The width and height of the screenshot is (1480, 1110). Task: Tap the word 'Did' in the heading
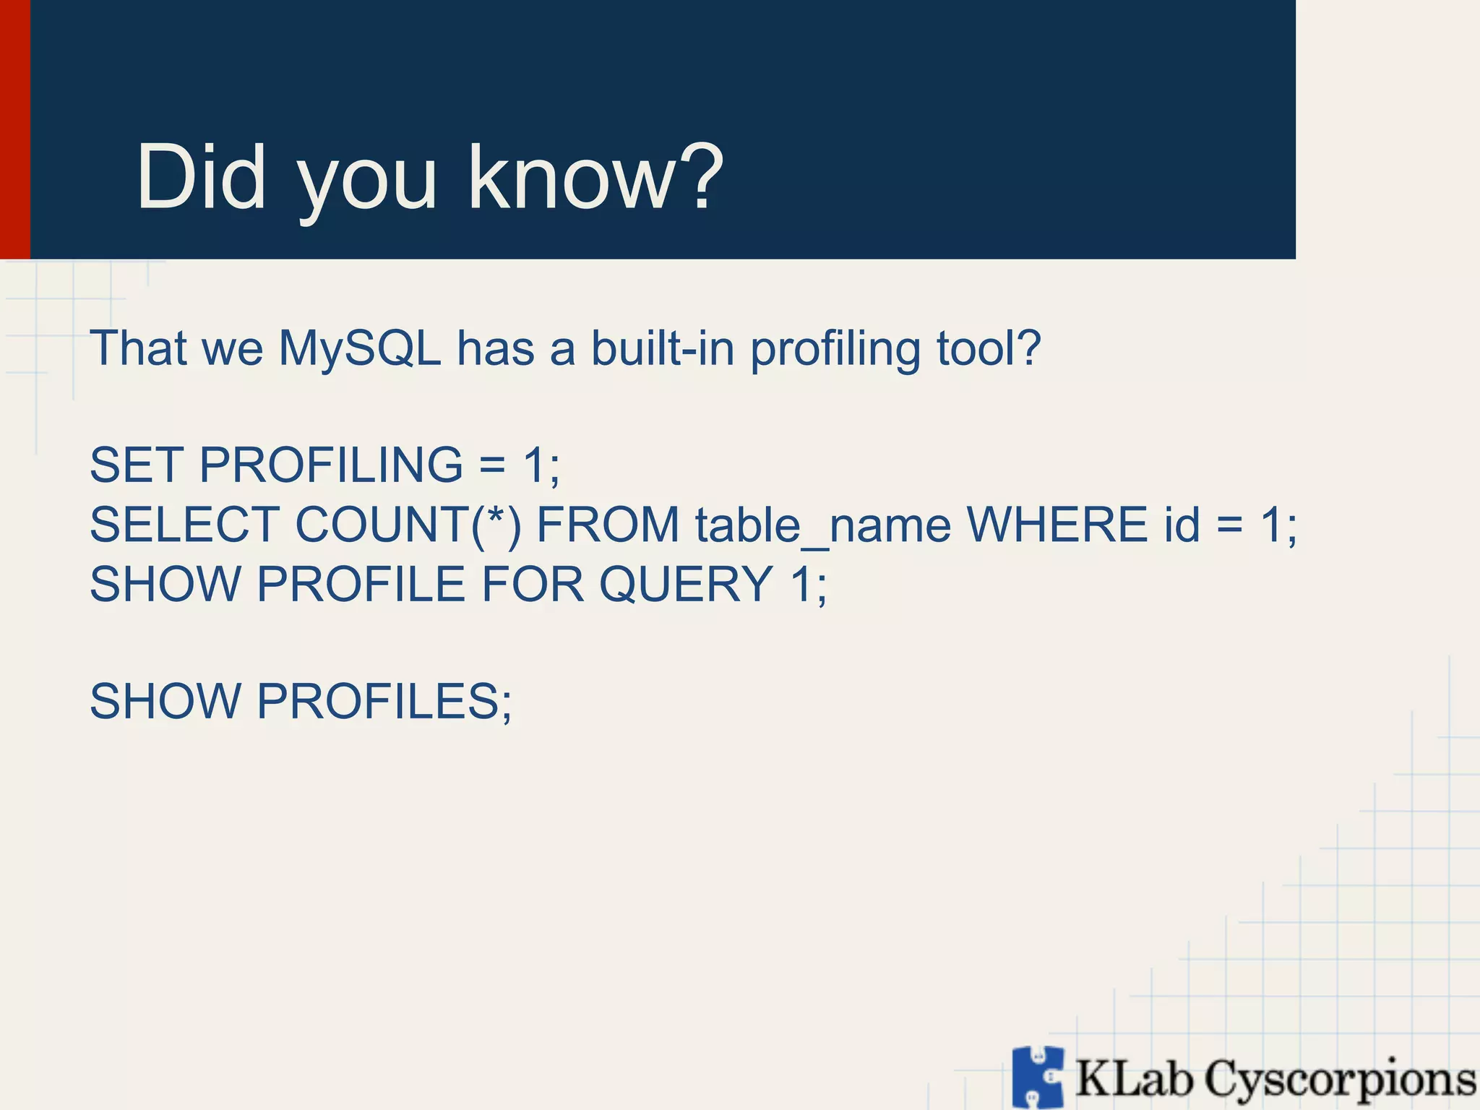201,177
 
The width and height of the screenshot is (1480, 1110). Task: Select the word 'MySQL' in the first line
359,349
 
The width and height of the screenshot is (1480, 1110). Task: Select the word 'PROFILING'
331,465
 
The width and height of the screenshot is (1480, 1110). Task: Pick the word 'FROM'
608,525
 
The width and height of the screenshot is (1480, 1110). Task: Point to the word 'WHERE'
1057,525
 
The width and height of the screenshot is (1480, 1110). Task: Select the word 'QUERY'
686,584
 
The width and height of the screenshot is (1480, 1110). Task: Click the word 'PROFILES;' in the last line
384,702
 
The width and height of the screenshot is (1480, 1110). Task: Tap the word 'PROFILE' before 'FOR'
361,584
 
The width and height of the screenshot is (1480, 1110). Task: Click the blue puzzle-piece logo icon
1038,1077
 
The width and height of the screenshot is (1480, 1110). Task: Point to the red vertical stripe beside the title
14,129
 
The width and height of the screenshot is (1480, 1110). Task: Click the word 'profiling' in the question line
835,349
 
